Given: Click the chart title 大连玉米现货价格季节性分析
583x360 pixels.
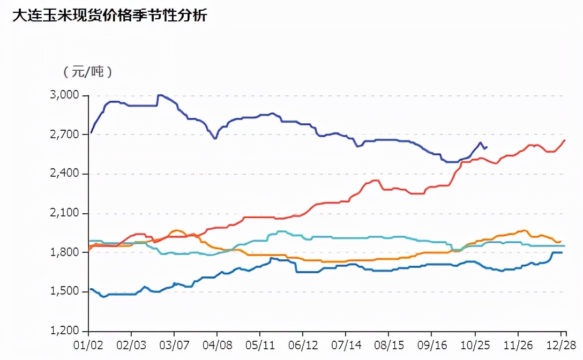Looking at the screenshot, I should pyautogui.click(x=109, y=16).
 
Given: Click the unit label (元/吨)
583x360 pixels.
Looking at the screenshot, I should pyautogui.click(x=87, y=72).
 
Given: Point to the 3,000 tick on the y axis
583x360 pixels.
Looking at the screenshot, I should pyautogui.click(x=65, y=95).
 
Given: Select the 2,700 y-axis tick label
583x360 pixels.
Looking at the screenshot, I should pyautogui.click(x=65, y=134).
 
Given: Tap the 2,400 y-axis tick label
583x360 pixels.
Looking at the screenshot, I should pyautogui.click(x=65, y=174).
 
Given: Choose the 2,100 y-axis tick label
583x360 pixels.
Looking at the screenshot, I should pyautogui.click(x=65, y=213).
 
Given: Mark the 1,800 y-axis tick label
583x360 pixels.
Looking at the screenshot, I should pyautogui.click(x=65, y=252).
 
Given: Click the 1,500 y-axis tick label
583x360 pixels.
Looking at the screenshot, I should pyautogui.click(x=65, y=292).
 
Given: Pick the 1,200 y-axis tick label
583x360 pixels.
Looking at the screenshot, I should pyautogui.click(x=65, y=331).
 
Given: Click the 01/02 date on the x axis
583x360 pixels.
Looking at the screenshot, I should pyautogui.click(x=88, y=345).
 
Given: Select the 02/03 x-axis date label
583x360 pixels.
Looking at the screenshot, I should pyautogui.click(x=131, y=345).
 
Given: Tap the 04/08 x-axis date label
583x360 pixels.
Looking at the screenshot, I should pyautogui.click(x=217, y=345).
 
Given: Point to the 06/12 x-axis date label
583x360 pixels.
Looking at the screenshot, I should pyautogui.click(x=303, y=345).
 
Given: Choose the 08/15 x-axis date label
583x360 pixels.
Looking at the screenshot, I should pyautogui.click(x=389, y=345).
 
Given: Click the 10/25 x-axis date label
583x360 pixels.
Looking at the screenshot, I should pyautogui.click(x=475, y=345).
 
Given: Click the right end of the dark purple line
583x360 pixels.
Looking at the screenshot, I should pyautogui.click(x=487, y=147).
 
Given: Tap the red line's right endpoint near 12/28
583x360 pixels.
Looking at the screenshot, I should pyautogui.click(x=565, y=140).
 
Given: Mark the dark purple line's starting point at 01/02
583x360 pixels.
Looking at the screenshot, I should pyautogui.click(x=91, y=132).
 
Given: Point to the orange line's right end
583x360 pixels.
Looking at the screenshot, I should pyautogui.click(x=560, y=242).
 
